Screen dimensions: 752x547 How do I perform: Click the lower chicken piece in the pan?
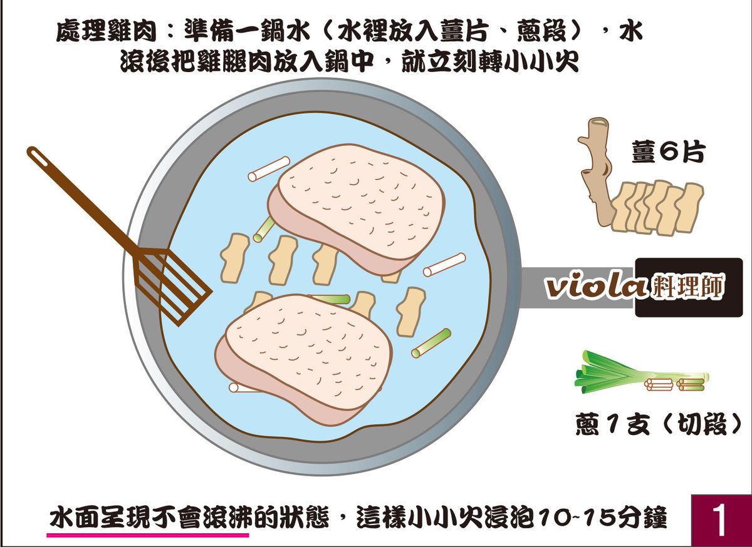pos(303,359)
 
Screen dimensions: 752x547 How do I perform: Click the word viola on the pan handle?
pos(595,288)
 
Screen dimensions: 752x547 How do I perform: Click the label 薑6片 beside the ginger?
pos(668,153)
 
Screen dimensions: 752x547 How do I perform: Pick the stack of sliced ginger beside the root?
pos(656,208)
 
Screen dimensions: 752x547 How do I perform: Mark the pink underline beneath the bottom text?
pos(148,535)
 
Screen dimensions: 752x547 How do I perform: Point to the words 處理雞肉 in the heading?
pos(106,32)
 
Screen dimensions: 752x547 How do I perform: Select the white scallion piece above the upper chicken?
pos(269,169)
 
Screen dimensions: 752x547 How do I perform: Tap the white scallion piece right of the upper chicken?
pos(444,265)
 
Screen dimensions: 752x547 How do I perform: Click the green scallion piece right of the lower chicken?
pos(431,343)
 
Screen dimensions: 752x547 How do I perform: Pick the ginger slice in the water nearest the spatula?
pos(234,258)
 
